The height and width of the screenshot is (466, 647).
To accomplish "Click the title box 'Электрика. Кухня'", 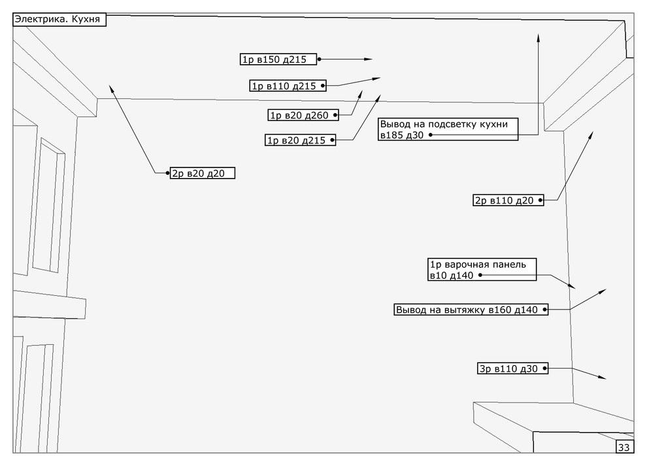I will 59,20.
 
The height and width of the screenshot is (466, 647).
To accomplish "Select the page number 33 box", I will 623,448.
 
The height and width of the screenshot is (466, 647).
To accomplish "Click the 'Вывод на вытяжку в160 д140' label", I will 471,310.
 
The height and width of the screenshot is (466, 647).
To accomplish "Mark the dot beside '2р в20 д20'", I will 167,173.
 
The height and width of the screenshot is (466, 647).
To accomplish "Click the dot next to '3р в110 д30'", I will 545,369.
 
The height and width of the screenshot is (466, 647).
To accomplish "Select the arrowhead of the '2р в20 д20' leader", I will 112,88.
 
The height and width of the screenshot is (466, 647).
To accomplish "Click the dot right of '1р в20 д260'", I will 336,115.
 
